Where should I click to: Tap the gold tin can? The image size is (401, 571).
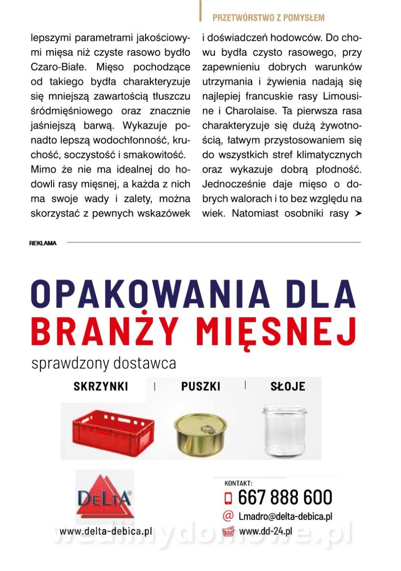[200, 433]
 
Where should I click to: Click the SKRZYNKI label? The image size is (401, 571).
[101, 386]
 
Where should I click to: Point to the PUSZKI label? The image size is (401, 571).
[201, 386]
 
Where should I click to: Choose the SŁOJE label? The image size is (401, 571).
[288, 386]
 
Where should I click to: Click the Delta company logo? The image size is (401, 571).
[105, 497]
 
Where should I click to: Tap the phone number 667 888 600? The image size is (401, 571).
[284, 497]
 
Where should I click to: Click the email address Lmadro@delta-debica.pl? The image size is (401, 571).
[285, 516]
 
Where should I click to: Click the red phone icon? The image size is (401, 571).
[228, 498]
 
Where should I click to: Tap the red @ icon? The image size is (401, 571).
[228, 516]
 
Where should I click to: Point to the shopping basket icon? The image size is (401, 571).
[228, 531]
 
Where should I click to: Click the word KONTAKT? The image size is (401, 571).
[238, 483]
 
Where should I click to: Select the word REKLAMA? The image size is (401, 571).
[43, 243]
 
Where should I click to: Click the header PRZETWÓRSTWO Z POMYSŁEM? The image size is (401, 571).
[268, 18]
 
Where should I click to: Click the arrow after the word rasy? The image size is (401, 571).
[357, 214]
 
